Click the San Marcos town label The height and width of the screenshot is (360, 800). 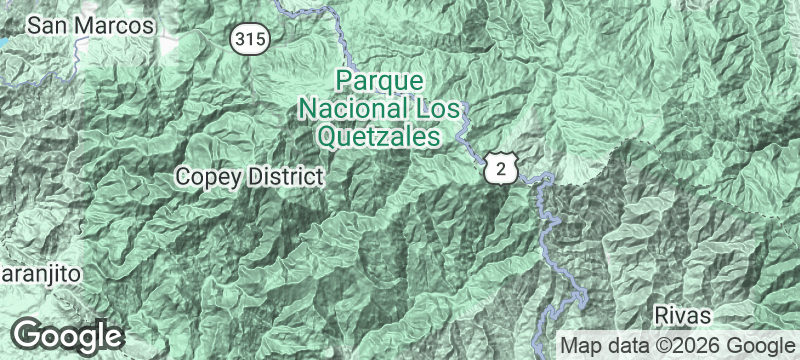tap(91, 25)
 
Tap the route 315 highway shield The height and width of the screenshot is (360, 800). tap(247, 39)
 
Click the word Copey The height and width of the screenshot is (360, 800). tap(207, 178)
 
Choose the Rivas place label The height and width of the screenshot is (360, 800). tap(683, 316)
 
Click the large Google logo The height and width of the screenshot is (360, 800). tap(68, 335)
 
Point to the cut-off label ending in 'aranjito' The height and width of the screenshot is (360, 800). tap(38, 272)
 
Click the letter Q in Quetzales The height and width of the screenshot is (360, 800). tap(330, 135)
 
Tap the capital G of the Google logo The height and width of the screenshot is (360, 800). tap(29, 334)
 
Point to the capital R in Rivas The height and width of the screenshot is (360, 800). tap(662, 316)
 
